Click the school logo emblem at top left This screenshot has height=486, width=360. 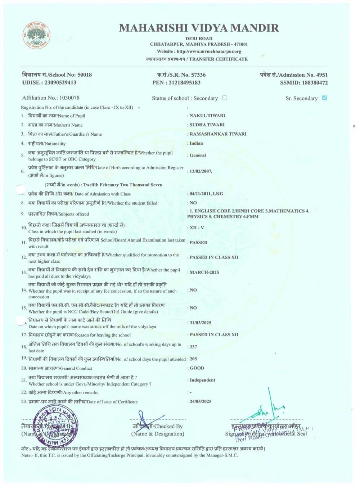(x=36, y=35)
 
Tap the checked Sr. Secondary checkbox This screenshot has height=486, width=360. (x=324, y=98)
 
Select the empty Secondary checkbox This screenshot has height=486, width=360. (x=225, y=98)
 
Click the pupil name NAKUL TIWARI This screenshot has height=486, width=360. (x=207, y=116)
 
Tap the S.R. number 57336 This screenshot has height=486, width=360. (x=198, y=75)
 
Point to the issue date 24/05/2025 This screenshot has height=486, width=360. (x=201, y=401)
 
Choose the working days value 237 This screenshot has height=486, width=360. (x=193, y=347)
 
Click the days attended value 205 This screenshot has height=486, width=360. (x=193, y=359)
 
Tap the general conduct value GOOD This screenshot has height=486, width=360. (x=197, y=368)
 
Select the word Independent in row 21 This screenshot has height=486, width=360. (x=202, y=380)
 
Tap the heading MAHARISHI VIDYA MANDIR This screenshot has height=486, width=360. (x=199, y=28)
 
